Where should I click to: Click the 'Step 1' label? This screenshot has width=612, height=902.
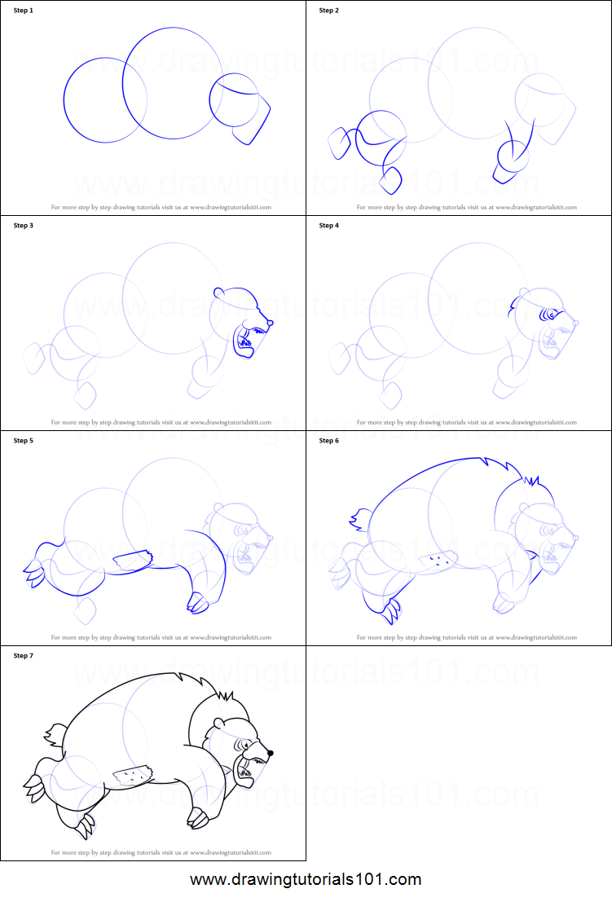24,11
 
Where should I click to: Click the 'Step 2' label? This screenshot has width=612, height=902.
328,11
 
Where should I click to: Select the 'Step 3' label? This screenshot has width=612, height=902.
24,226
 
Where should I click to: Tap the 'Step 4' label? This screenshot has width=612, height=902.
328,226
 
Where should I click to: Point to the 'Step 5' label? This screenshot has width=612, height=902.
24,441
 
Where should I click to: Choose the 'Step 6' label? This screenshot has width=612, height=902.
328,441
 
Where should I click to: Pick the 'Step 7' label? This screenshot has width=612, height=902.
24,656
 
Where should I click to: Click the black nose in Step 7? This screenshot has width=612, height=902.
271,754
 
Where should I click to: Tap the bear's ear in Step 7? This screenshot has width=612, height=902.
219,722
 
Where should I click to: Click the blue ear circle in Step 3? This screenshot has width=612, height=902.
218,293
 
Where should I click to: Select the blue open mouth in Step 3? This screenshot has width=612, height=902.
244,343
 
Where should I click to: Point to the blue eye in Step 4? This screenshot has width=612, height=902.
550,314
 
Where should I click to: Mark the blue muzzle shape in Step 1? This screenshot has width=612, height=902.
253,122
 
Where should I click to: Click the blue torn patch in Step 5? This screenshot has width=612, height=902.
132,561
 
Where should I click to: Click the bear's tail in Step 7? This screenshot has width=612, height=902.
54,733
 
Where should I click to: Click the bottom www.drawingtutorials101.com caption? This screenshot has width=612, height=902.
306,880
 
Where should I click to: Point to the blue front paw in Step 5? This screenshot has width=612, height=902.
197,603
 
